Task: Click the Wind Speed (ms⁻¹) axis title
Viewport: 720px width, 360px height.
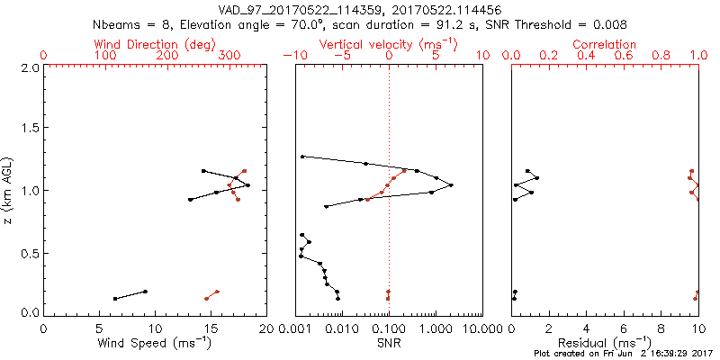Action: (x=155, y=344)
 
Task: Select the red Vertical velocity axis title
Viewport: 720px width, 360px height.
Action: (x=388, y=44)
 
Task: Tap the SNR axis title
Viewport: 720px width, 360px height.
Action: (x=388, y=343)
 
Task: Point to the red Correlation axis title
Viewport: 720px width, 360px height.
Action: (x=604, y=44)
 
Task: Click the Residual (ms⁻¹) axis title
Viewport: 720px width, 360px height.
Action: (x=604, y=344)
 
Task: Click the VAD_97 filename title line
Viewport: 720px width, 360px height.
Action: (x=360, y=8)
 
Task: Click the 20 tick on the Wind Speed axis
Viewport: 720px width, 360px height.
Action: (x=265, y=329)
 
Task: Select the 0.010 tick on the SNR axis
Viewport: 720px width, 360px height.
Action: (x=342, y=329)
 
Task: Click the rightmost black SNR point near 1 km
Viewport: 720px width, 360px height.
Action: (x=451, y=185)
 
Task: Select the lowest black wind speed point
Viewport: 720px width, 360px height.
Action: (x=115, y=299)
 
